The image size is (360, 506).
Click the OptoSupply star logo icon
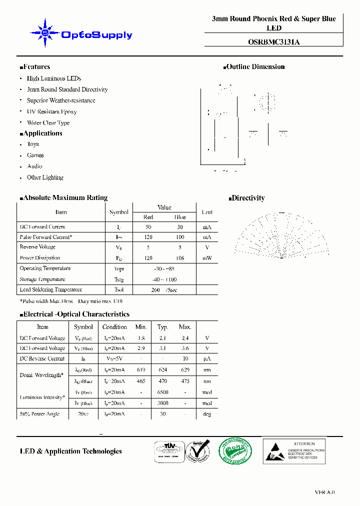[x=45, y=33]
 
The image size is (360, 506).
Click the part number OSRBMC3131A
[x=273, y=42]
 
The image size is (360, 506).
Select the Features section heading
[x=35, y=67]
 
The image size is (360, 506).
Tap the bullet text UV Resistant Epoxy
[x=51, y=111]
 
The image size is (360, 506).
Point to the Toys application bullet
[x=33, y=144]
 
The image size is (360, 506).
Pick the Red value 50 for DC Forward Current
[x=148, y=227]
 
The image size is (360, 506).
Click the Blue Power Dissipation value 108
[x=179, y=258]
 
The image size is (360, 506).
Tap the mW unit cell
[x=207, y=258]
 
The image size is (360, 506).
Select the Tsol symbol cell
[x=119, y=290]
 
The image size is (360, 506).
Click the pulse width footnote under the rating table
[x=71, y=301]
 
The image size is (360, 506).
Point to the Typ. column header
[x=163, y=327]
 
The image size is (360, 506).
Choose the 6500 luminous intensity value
[x=163, y=392]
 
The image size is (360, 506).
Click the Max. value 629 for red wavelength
[x=185, y=370]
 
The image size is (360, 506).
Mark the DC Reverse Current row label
[x=42, y=358]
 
